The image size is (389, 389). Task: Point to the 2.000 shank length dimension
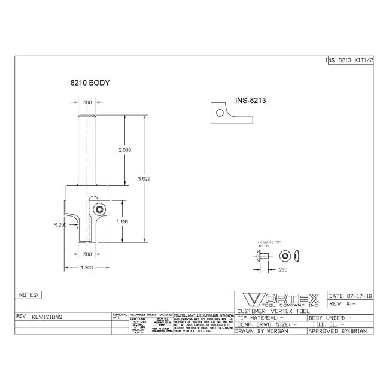(125, 150)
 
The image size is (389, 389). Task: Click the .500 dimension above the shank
(87, 102)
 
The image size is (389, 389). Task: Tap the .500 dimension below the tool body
(87, 253)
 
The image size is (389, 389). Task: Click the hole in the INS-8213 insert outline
(220, 112)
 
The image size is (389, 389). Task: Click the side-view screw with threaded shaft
(262, 256)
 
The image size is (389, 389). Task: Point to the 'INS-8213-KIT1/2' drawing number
(350, 60)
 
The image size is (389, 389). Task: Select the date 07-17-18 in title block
(351, 296)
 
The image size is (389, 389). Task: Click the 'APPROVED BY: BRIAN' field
(341, 330)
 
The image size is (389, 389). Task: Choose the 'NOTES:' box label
(29, 295)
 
